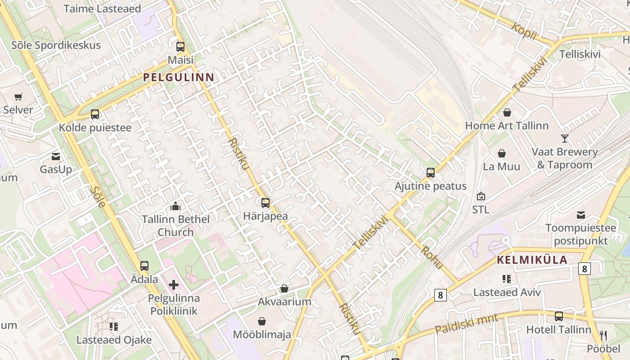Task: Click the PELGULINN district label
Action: [x=179, y=77]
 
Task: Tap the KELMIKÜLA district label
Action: [x=532, y=260]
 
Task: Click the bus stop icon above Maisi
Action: [x=180, y=46]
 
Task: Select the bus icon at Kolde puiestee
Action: [x=95, y=114]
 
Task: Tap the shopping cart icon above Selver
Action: [x=18, y=97]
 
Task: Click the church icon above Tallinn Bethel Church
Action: [x=175, y=207]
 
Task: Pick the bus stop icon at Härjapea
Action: [x=265, y=203]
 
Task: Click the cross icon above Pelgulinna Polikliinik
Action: [x=174, y=285]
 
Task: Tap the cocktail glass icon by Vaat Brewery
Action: [x=565, y=138]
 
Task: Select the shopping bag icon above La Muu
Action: [x=502, y=153]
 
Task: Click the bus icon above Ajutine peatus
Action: [x=431, y=173]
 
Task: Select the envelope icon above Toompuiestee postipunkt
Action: [x=581, y=215]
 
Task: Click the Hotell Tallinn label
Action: [x=558, y=329]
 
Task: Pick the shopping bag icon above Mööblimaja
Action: [x=262, y=321]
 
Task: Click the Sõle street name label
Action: [x=98, y=196]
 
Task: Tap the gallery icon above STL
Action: [x=481, y=196]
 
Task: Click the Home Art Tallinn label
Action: [x=507, y=126]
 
